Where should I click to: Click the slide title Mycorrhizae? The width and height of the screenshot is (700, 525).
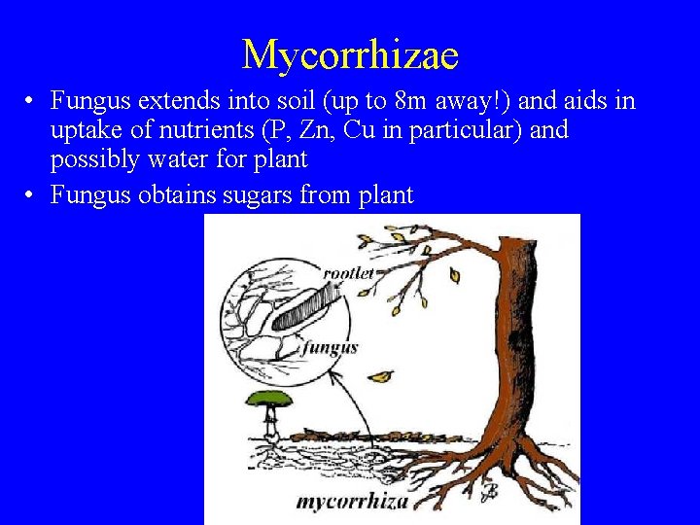tap(350, 54)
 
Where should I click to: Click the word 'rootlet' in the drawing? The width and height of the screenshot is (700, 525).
tap(348, 273)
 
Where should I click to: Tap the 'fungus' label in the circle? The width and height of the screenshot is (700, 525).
tap(330, 347)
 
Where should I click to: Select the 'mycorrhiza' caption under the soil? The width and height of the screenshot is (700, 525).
tap(351, 502)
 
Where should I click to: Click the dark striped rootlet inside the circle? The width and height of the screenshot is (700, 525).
tap(309, 310)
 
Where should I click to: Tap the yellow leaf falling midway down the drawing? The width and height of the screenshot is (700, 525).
tap(381, 376)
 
